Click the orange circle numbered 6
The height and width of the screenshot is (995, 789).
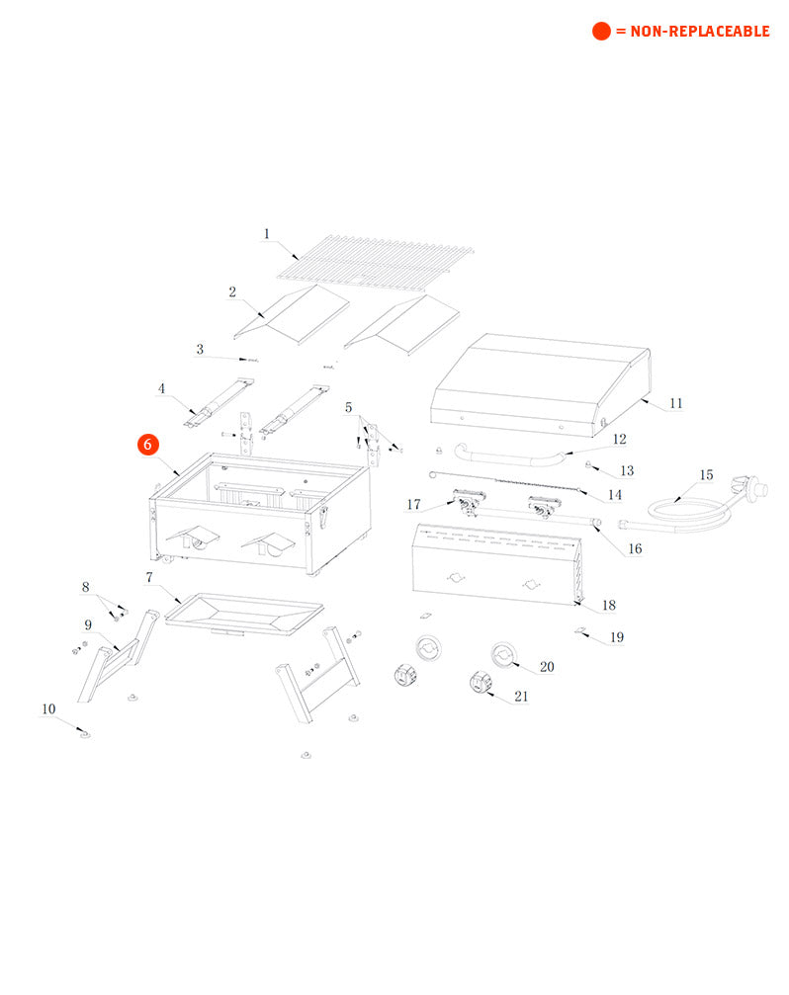(x=147, y=445)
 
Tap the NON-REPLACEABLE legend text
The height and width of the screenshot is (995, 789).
(x=692, y=32)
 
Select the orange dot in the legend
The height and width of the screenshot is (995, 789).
(x=601, y=32)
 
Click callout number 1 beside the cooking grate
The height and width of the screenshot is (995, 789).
(x=266, y=234)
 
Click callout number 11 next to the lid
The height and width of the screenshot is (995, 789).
(x=676, y=403)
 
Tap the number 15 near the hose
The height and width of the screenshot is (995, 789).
(x=706, y=475)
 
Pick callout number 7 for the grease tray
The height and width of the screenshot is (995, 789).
(x=149, y=577)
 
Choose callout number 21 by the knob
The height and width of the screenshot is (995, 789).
(x=521, y=696)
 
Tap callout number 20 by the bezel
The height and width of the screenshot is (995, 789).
(x=547, y=667)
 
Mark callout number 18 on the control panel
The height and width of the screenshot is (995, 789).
(x=609, y=605)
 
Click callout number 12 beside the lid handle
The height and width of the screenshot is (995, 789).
(x=620, y=439)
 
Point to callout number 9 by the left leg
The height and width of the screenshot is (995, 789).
(x=88, y=624)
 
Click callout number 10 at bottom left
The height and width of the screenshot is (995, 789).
(x=48, y=708)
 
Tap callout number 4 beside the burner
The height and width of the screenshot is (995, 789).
(x=162, y=388)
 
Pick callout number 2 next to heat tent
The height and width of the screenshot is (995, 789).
(x=232, y=291)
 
